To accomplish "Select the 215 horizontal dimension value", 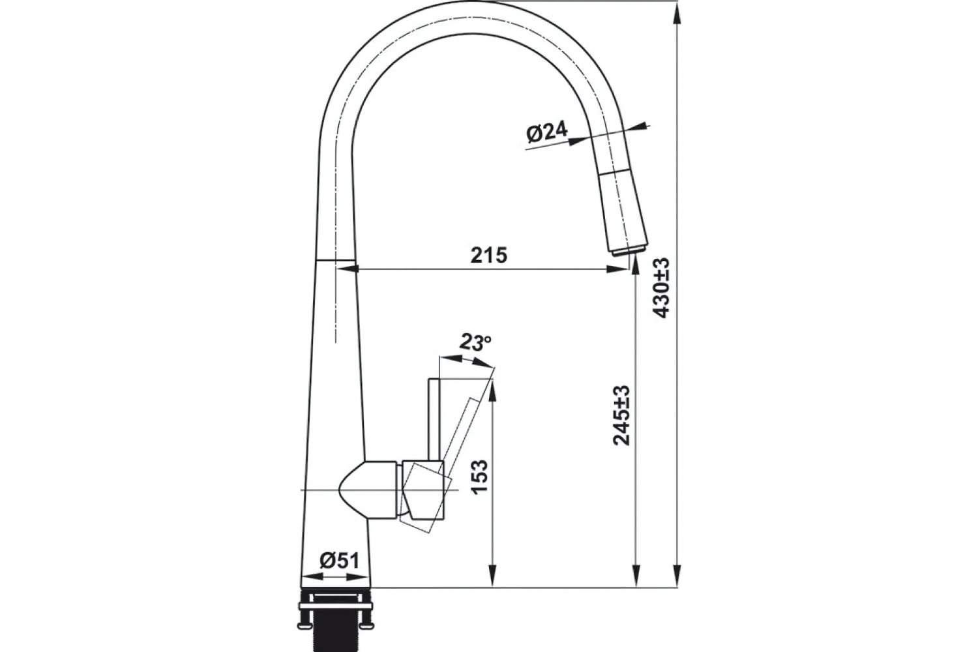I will tap(489, 255).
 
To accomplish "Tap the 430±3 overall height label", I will tap(661, 288).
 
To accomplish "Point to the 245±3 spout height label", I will tap(622, 415).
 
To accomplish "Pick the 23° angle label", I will tap(476, 342).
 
